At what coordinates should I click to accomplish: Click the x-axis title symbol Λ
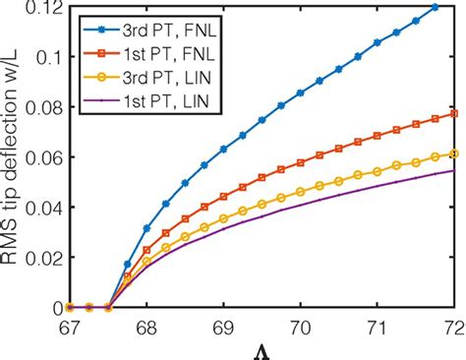(264, 349)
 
